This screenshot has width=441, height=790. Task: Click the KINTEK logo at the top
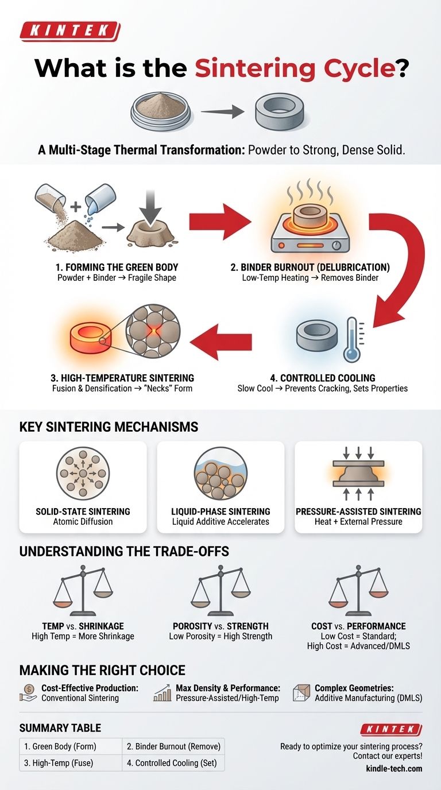69,31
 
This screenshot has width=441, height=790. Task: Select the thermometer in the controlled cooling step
350,340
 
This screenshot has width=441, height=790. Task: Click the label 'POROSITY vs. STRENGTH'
220,626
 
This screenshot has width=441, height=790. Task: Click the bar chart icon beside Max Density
163,693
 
